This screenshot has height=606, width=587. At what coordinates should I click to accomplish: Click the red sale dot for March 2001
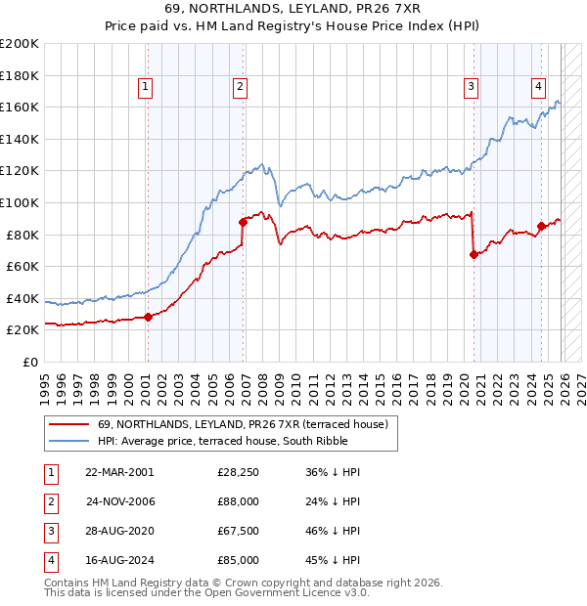click(x=148, y=317)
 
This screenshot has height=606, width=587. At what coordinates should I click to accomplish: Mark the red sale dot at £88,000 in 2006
click(x=243, y=222)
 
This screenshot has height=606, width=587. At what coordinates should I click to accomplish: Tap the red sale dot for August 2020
click(x=474, y=254)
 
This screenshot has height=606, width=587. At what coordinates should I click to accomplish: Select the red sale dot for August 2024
click(x=541, y=227)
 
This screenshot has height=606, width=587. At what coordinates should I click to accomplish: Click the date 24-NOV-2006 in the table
click(x=119, y=501)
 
